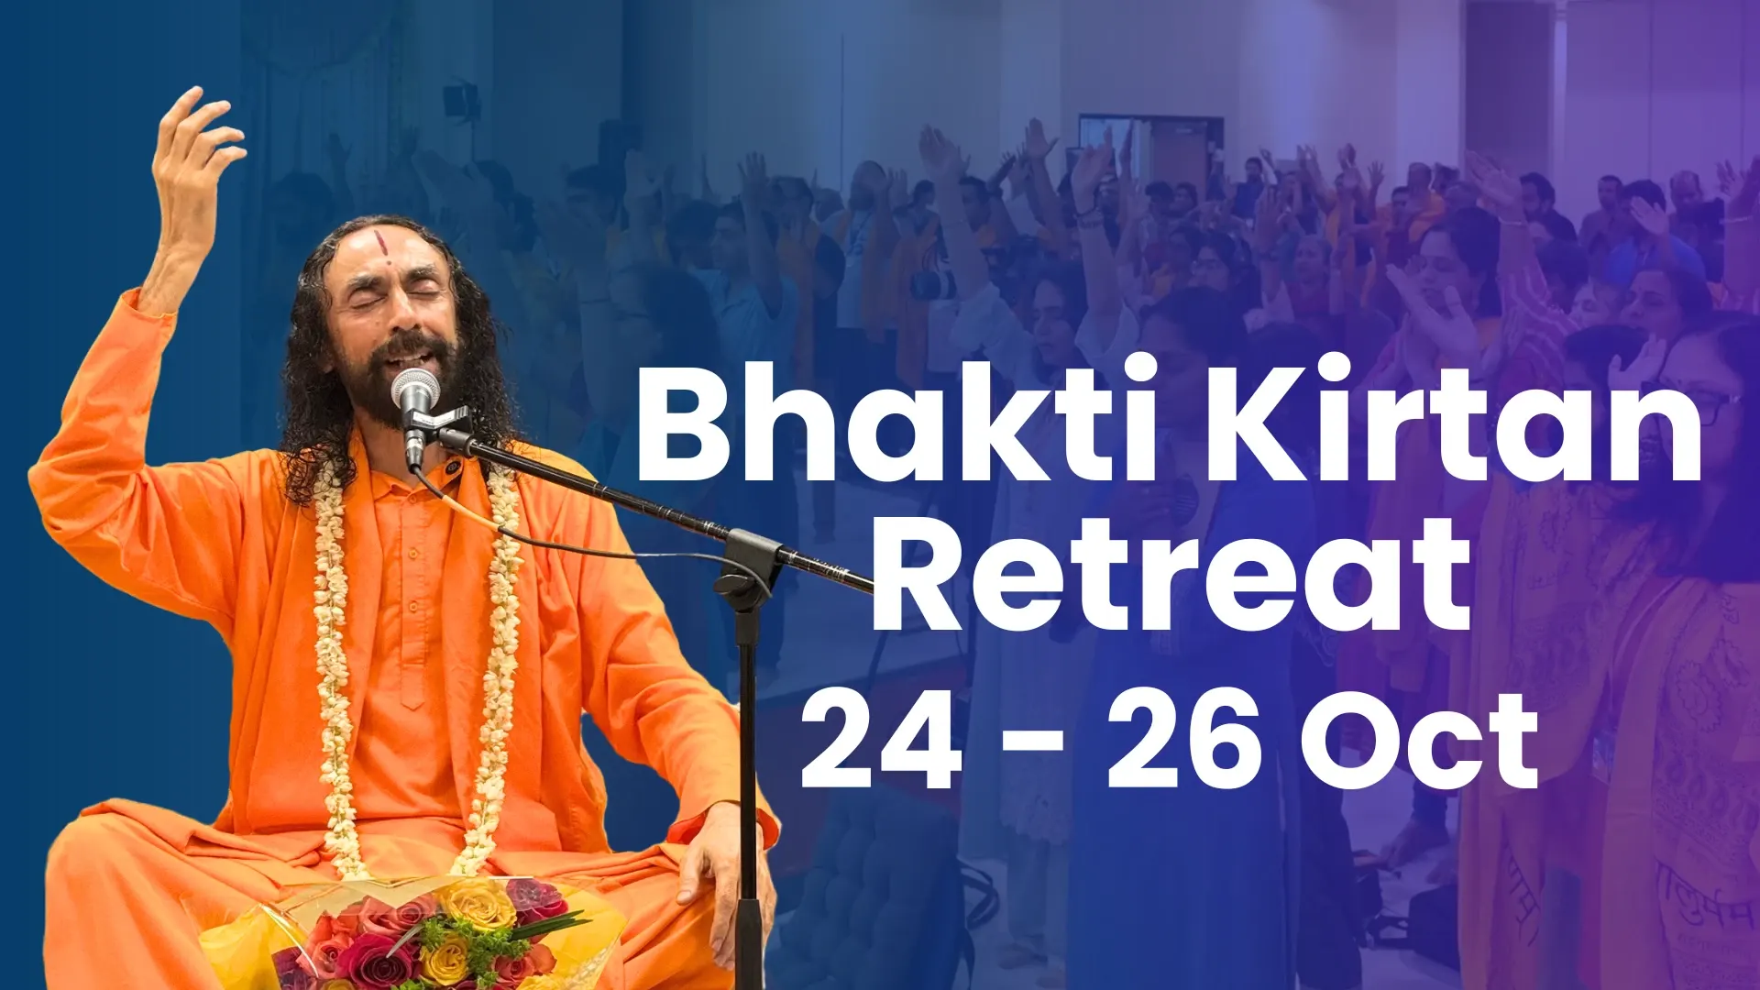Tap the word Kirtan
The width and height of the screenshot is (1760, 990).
(1454, 418)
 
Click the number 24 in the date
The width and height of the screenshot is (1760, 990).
(882, 740)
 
